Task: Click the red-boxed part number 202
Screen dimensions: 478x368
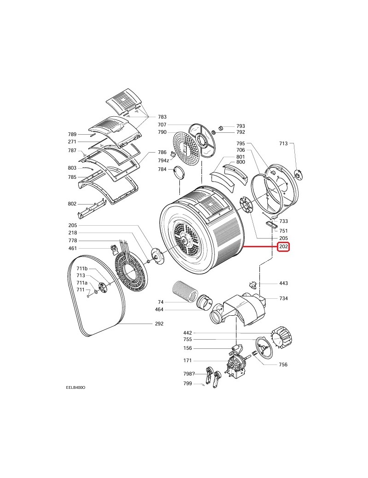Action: point(283,247)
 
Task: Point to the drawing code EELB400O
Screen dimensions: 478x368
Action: point(75,387)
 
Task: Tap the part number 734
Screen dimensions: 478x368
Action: point(283,299)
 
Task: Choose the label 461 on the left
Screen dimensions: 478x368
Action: point(73,249)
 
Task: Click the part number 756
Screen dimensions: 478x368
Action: point(283,364)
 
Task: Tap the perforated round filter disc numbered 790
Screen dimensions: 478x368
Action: point(186,149)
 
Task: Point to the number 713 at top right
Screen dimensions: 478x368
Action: point(283,144)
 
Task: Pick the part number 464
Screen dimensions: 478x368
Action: point(159,310)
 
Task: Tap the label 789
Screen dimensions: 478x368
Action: point(72,134)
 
